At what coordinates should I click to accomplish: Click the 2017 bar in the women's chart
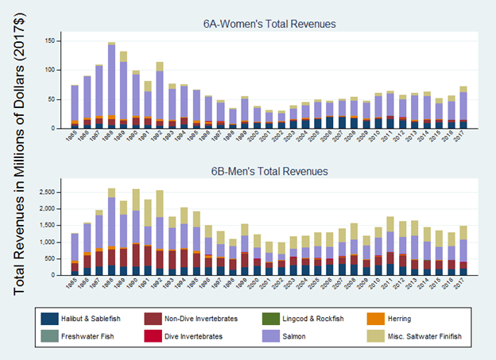click(x=463, y=107)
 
